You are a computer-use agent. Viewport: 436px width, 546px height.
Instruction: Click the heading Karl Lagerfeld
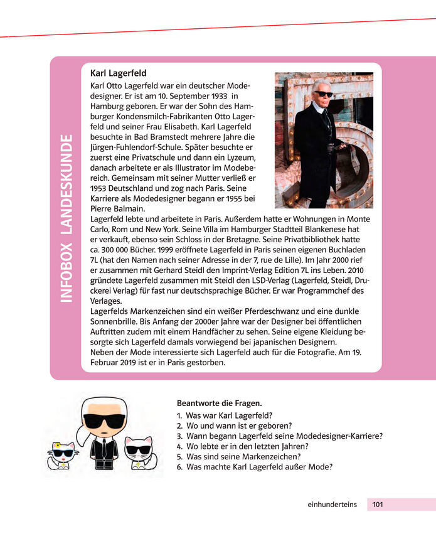[119, 73]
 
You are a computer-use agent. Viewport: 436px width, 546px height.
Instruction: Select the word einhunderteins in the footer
[332, 504]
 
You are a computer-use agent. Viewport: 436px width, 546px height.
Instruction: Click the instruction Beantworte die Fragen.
[219, 403]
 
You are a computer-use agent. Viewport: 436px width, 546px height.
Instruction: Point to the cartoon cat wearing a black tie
[139, 452]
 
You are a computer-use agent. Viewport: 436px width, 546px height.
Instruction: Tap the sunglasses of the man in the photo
[324, 94]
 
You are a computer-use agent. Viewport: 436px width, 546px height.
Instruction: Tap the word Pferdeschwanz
[267, 311]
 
